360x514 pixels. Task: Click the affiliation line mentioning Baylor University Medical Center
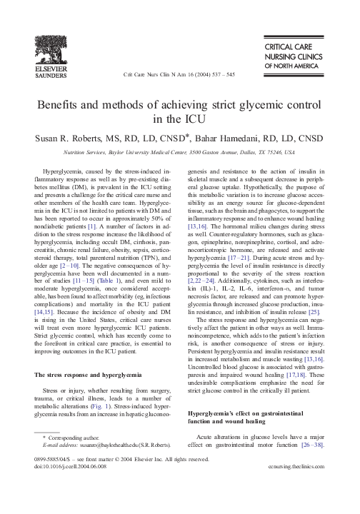click(x=180, y=152)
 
